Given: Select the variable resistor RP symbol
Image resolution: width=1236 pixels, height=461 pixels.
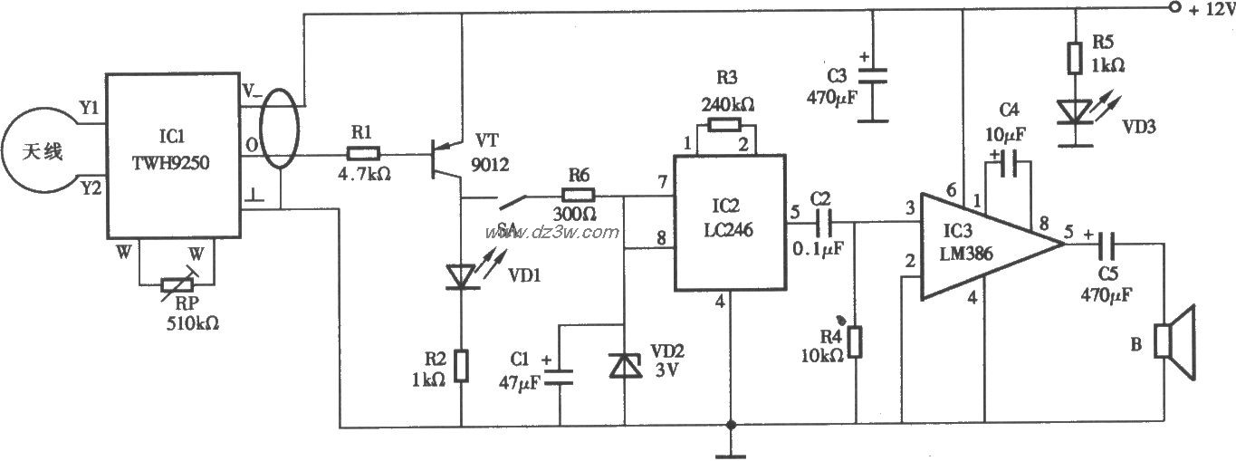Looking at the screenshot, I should click(x=177, y=284).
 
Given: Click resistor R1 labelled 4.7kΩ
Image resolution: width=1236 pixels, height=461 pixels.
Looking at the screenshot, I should click(x=363, y=154).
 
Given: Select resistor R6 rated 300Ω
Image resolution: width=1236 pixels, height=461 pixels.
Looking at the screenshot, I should click(x=576, y=194).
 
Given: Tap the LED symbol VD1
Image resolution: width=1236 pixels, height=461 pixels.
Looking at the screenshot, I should click(x=463, y=274).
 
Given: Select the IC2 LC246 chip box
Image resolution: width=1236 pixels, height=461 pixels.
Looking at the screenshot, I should click(x=728, y=223).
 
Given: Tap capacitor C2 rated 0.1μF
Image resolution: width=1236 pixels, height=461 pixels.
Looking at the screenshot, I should click(x=826, y=218).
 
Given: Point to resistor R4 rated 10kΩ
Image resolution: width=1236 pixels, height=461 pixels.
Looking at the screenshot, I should click(x=856, y=341).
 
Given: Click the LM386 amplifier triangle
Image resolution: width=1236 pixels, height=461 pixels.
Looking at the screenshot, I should click(x=978, y=245).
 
